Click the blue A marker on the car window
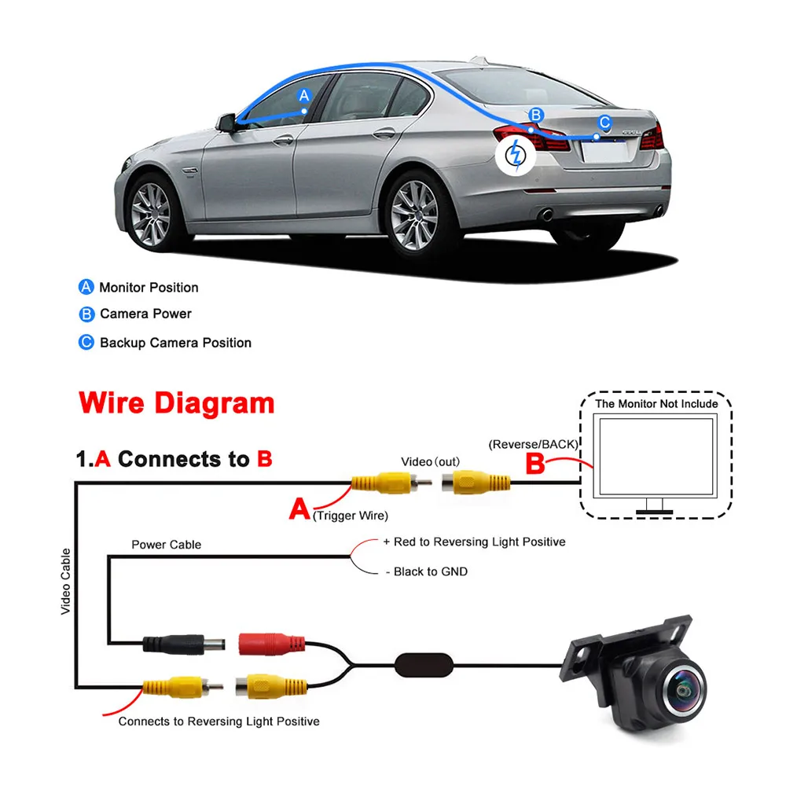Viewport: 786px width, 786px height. click(305, 96)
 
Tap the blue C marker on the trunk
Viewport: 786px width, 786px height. click(604, 123)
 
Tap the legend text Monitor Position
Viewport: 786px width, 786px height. click(149, 288)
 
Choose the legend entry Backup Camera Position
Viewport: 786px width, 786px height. click(175, 343)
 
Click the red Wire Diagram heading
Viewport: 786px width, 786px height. click(177, 403)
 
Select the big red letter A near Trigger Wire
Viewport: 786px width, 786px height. click(299, 509)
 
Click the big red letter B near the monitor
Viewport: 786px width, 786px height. click(534, 464)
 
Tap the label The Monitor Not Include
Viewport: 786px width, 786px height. click(656, 404)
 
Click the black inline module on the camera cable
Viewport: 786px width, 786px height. click(424, 663)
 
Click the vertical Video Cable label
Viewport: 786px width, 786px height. click(66, 581)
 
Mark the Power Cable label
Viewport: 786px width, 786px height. click(166, 545)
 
